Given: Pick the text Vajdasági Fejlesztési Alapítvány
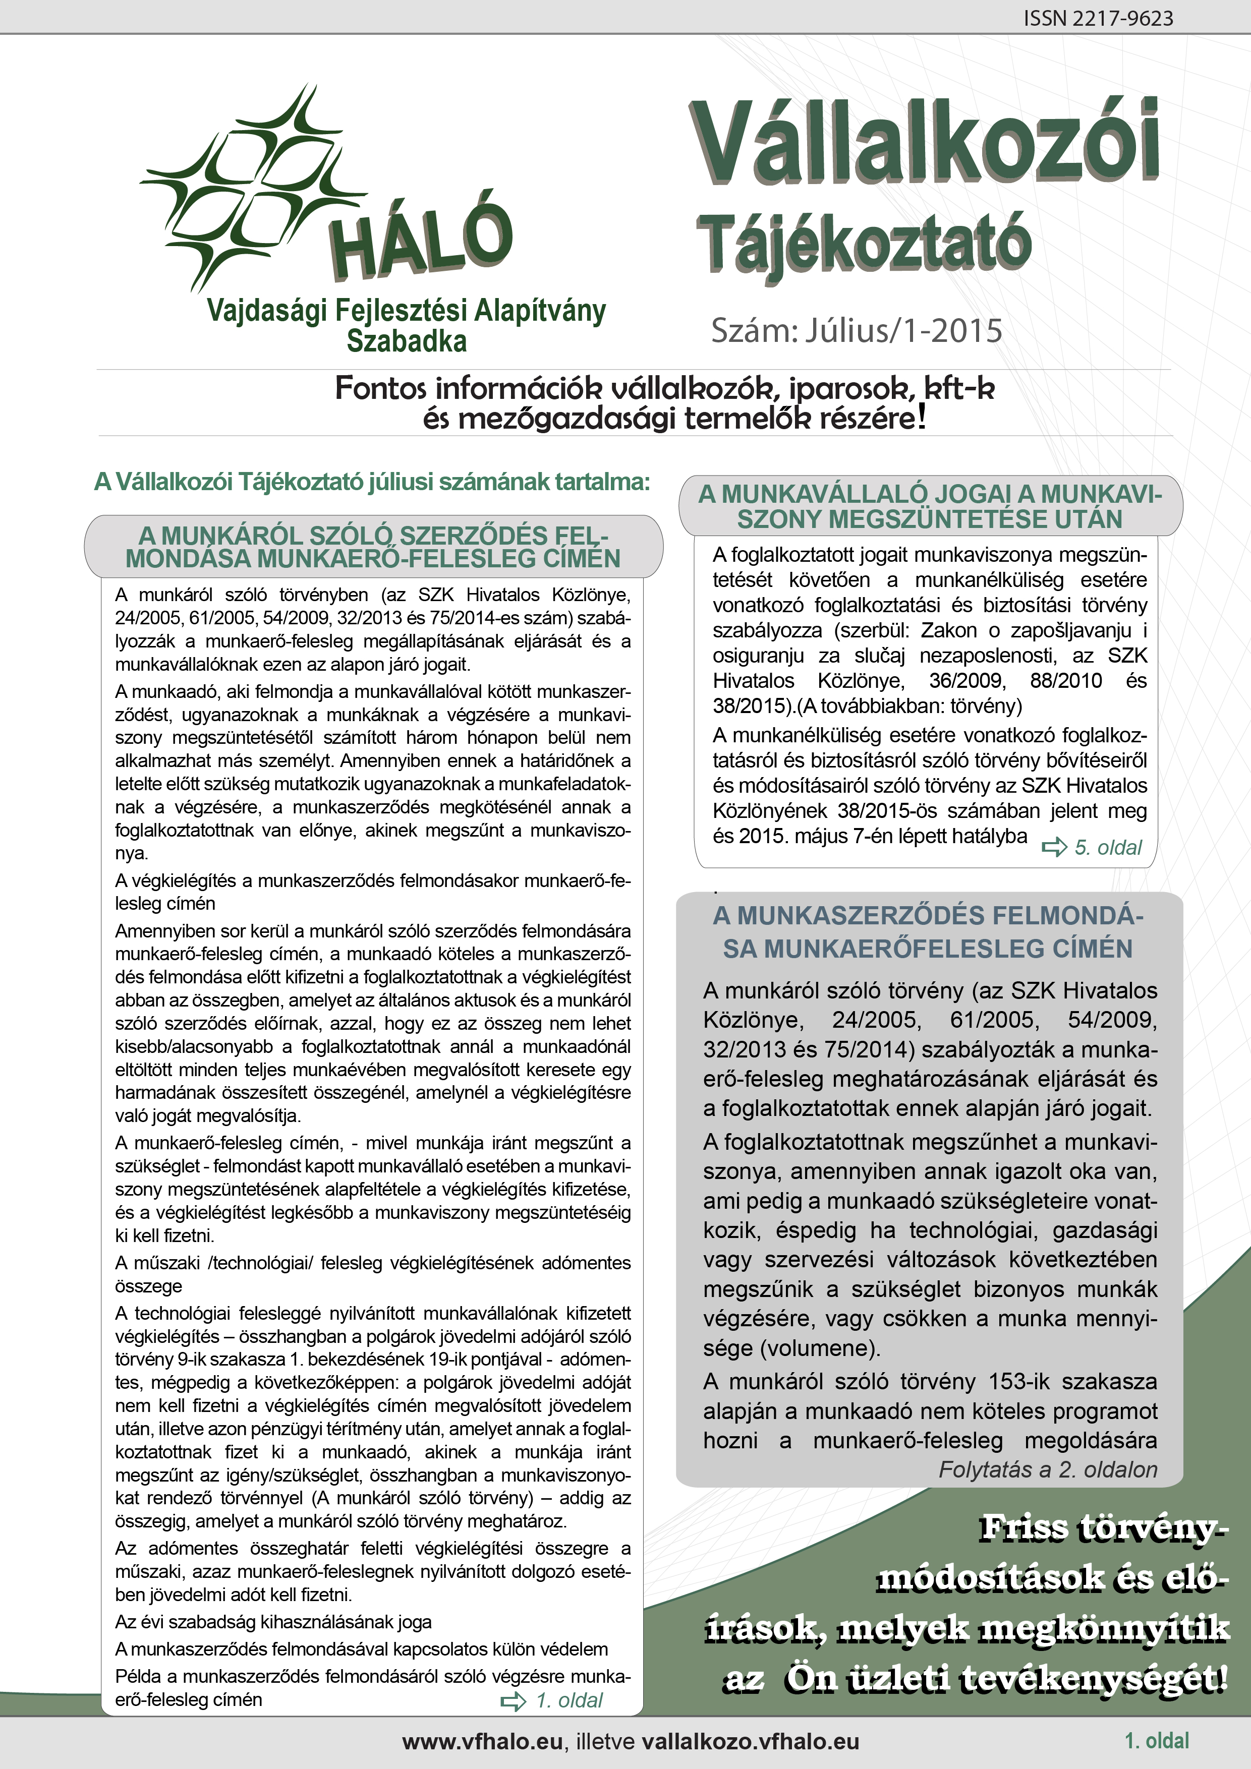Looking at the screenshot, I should click(406, 311).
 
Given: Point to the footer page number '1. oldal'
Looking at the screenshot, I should click(1156, 1740).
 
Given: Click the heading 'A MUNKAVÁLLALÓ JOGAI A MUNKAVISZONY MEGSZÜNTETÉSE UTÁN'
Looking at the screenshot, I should click(930, 506).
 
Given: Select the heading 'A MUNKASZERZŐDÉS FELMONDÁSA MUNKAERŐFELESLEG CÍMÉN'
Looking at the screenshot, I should click(928, 931).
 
